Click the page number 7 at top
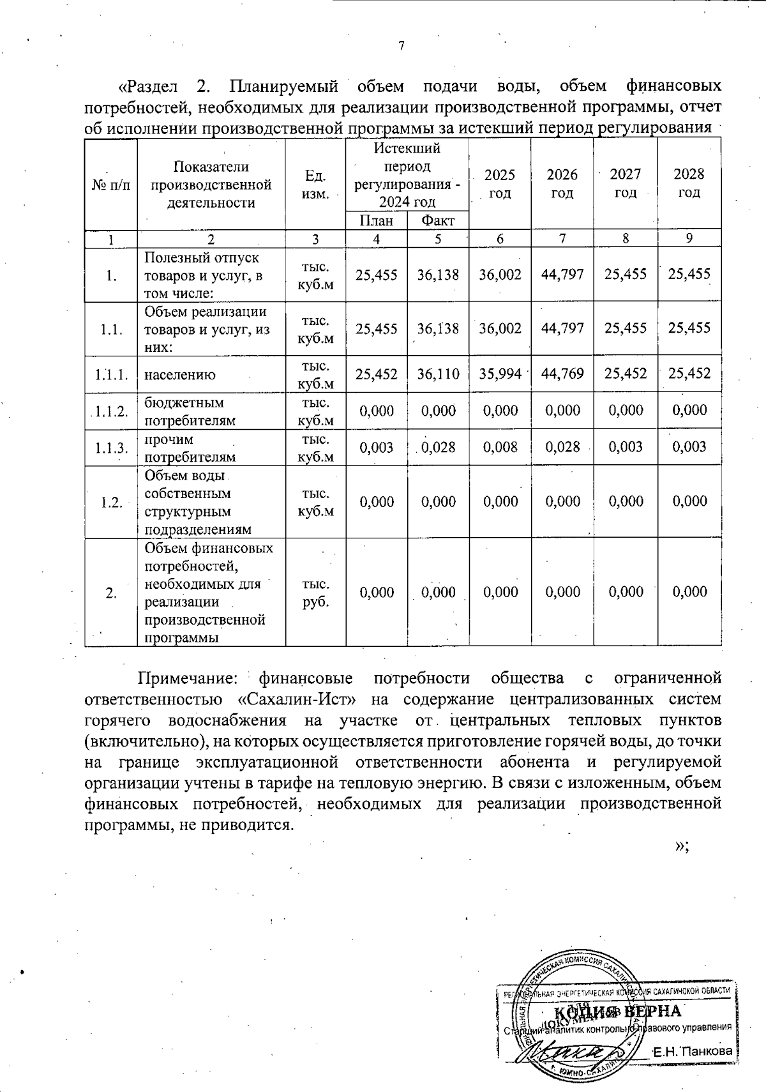click(401, 45)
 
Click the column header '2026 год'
click(562, 184)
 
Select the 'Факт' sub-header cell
click(438, 221)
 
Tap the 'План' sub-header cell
click(376, 221)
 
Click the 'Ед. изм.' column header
click(315, 184)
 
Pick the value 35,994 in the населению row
click(500, 374)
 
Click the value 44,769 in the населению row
click(562, 374)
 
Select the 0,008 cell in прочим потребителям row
click(500, 447)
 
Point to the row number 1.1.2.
click(111, 411)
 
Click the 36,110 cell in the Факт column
click(438, 374)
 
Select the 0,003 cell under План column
click(376, 447)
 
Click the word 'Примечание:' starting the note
click(188, 678)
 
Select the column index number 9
click(689, 239)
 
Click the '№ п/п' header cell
click(111, 185)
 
